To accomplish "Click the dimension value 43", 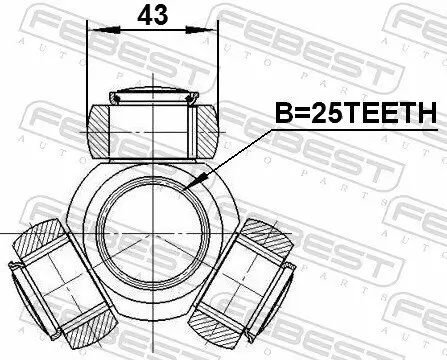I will [152, 17].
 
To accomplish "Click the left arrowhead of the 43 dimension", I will [93, 32].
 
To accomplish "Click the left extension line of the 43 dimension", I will [88, 60].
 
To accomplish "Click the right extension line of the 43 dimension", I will [216, 60].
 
